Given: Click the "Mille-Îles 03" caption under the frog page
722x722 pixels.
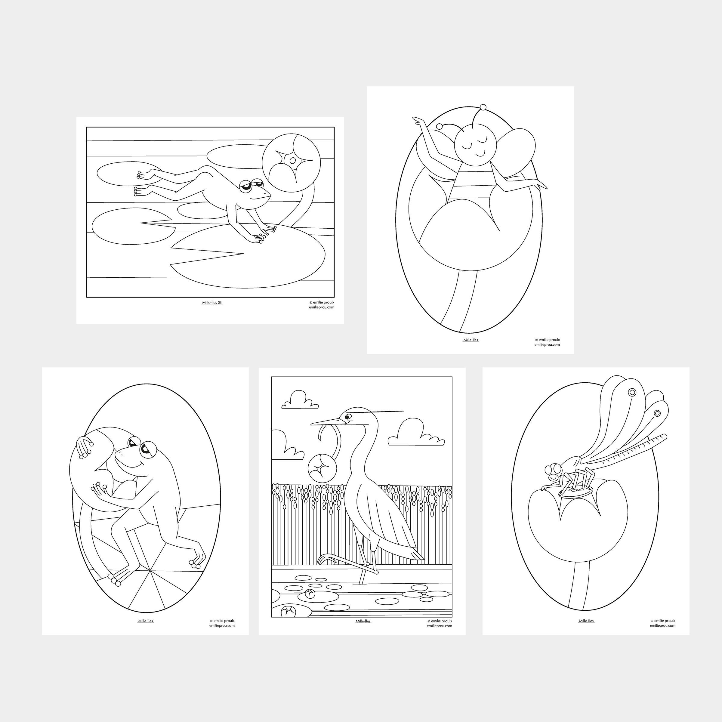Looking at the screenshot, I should pyautogui.click(x=212, y=302).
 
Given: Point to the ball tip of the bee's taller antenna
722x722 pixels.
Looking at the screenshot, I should pyautogui.click(x=483, y=108).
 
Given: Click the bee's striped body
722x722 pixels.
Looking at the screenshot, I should pyautogui.click(x=472, y=190).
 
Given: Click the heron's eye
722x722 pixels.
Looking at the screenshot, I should pyautogui.click(x=349, y=417).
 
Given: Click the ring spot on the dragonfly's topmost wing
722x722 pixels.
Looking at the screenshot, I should pyautogui.click(x=632, y=392).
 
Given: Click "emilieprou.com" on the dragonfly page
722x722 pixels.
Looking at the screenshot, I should pyautogui.click(x=662, y=626).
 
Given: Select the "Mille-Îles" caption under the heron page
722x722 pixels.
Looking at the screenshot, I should pyautogui.click(x=363, y=621).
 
